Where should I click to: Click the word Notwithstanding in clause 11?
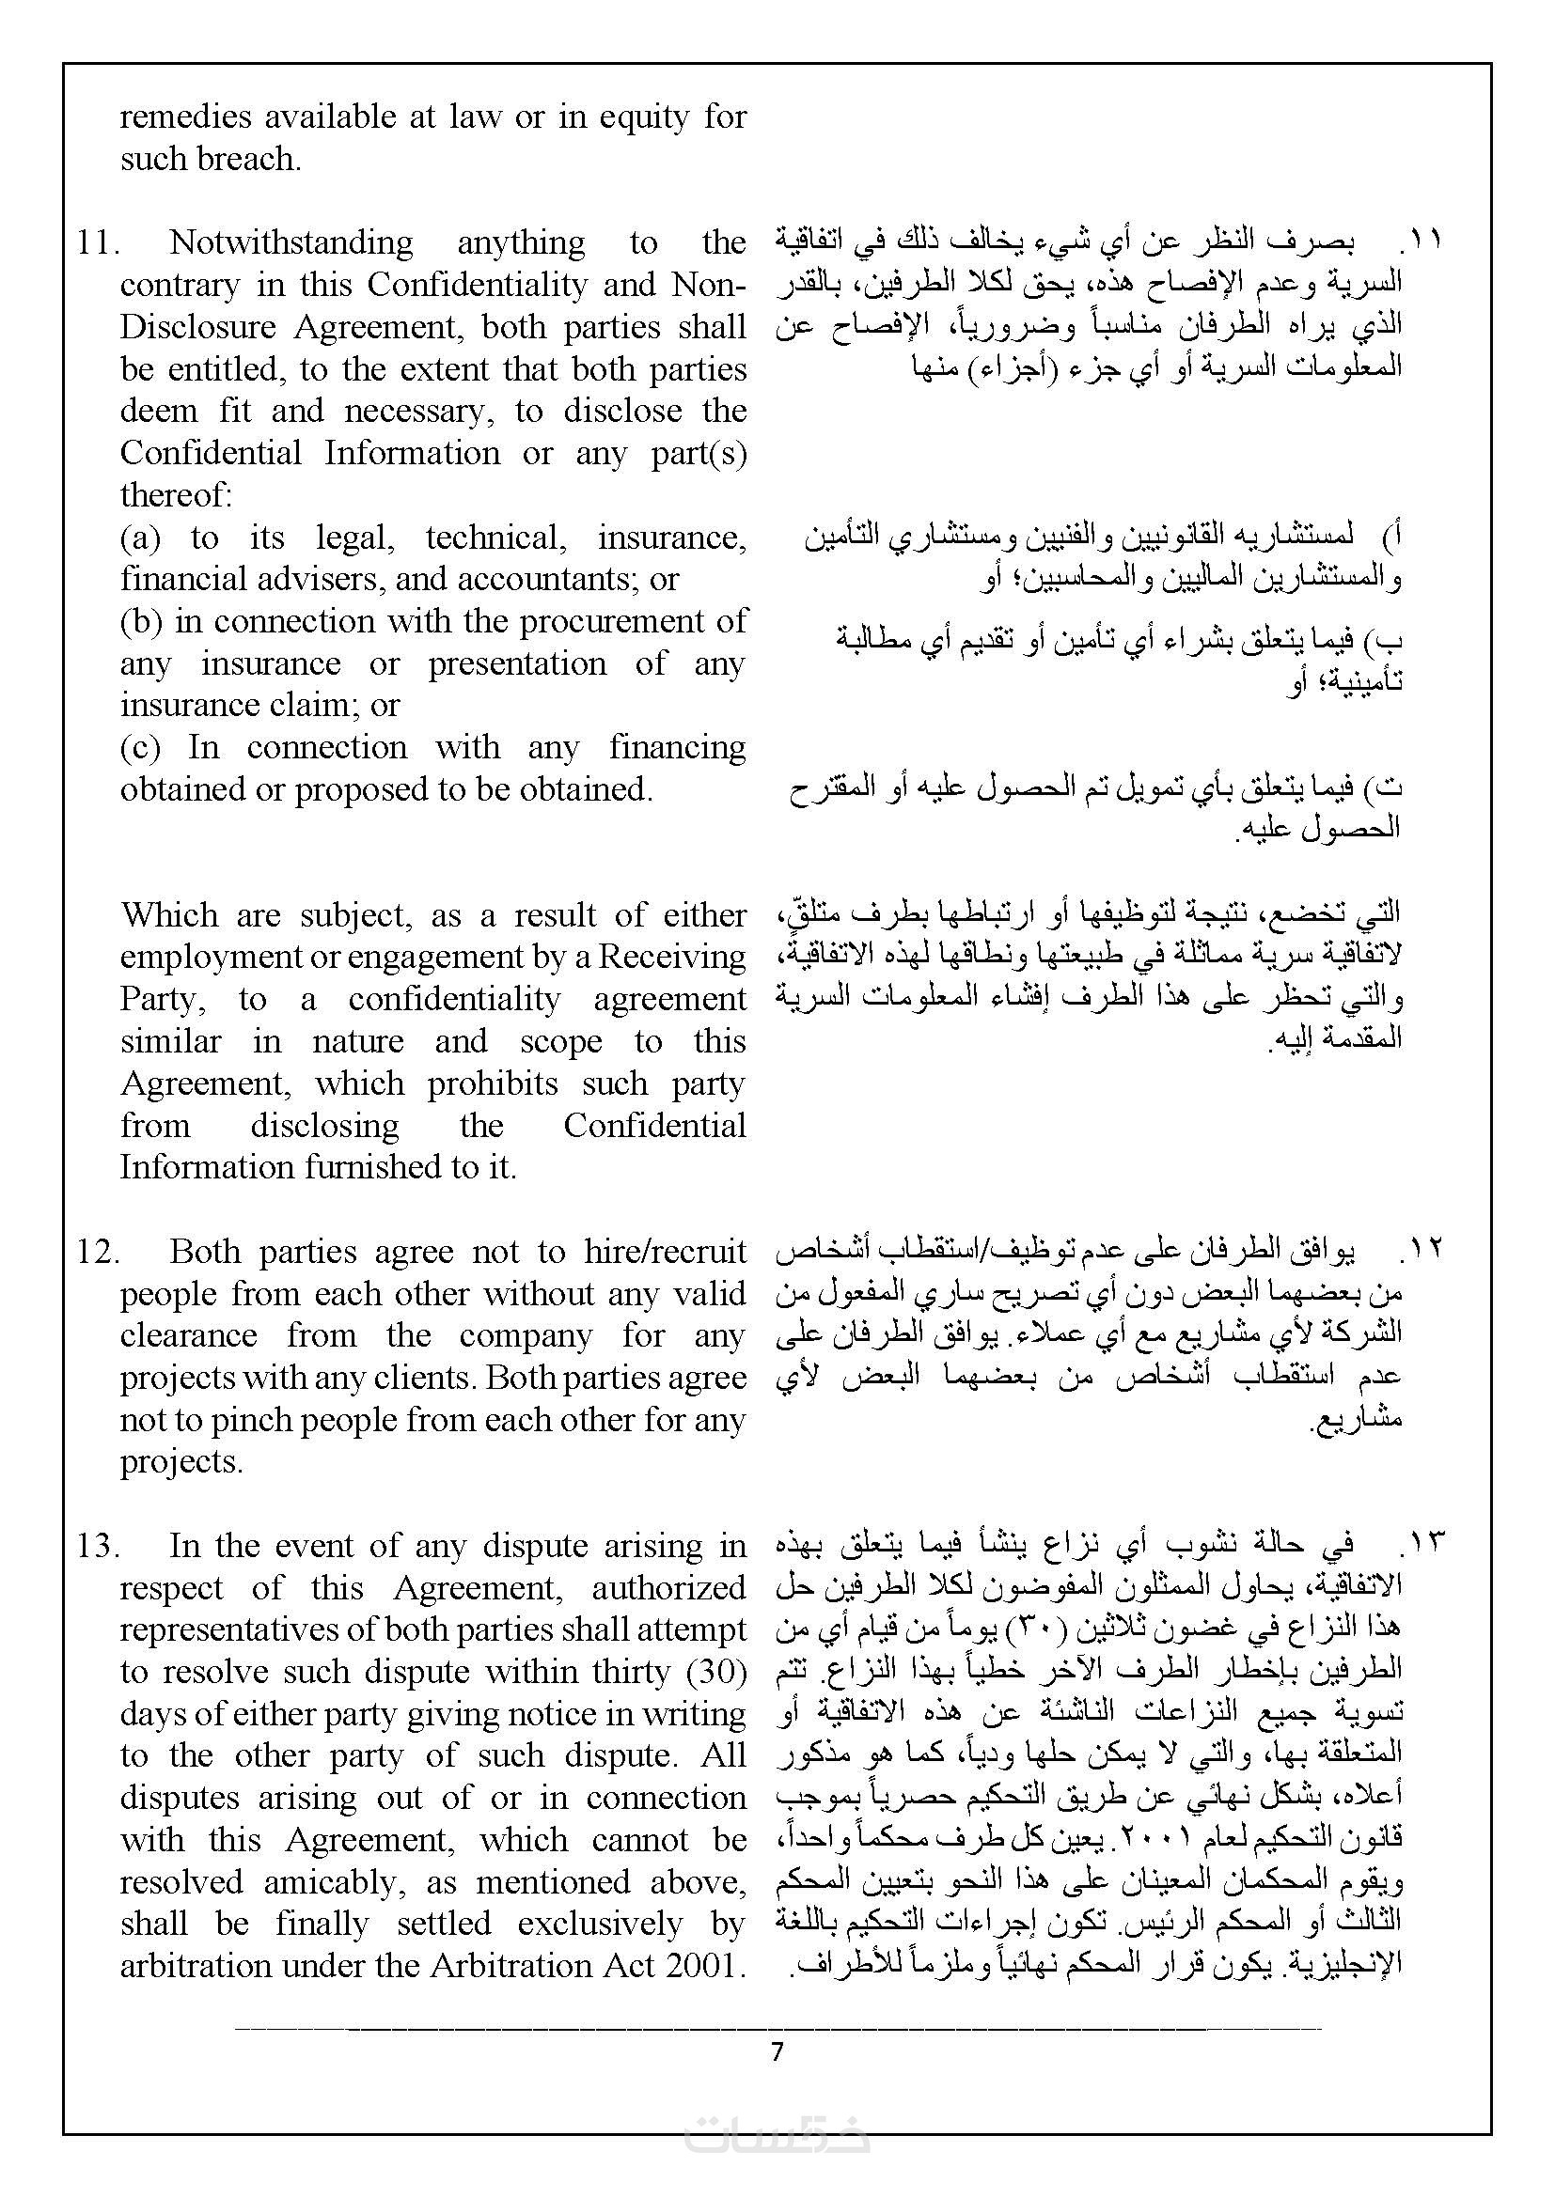click(x=291, y=242)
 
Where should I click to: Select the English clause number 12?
click(x=98, y=1251)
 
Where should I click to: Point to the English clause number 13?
click(x=98, y=1545)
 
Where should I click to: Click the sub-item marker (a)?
click(x=140, y=538)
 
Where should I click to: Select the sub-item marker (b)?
click(x=141, y=621)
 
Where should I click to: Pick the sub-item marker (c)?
click(x=140, y=747)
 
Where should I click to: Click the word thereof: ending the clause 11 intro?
click(x=176, y=495)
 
